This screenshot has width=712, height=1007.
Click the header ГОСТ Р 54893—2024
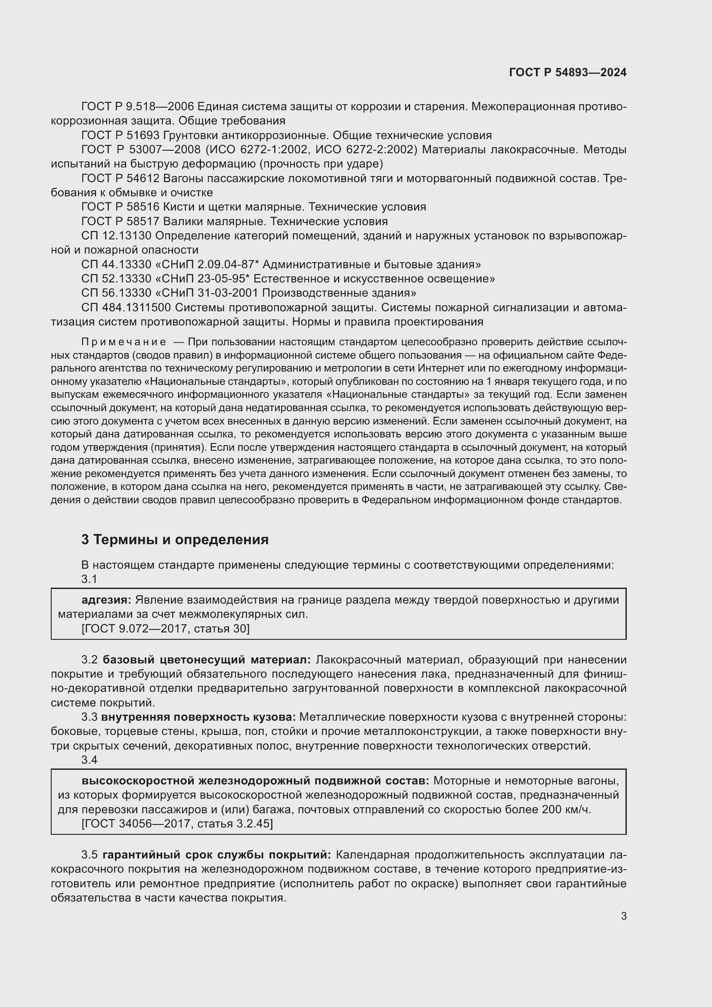pyautogui.click(x=567, y=73)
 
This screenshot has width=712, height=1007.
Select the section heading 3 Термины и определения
pyautogui.click(x=174, y=539)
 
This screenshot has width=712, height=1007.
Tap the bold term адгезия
pyautogui.click(x=106, y=600)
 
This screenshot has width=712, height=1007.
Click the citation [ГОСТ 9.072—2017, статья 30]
pyautogui.click(x=165, y=629)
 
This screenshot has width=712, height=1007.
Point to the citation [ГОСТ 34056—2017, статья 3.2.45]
pyautogui.click(x=176, y=824)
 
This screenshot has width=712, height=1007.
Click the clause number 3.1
pyautogui.click(x=89, y=579)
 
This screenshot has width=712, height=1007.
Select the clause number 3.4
pyautogui.click(x=89, y=759)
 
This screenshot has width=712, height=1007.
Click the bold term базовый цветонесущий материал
pyautogui.click(x=207, y=660)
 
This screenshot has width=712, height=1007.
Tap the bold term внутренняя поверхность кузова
pyautogui.click(x=198, y=717)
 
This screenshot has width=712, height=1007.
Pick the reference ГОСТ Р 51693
pyautogui.click(x=120, y=135)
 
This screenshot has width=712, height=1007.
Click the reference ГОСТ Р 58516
pyautogui.click(x=120, y=207)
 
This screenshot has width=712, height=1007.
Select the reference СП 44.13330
pyautogui.click(x=116, y=264)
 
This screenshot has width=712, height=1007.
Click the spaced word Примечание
pyautogui.click(x=124, y=342)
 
